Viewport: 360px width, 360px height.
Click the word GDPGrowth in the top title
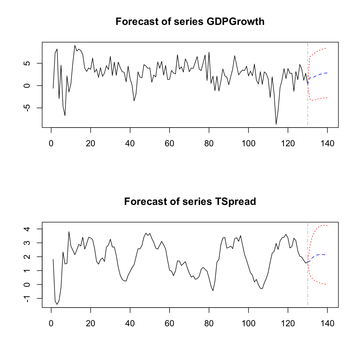[235, 22]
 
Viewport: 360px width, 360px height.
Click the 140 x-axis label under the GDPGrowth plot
[327, 144]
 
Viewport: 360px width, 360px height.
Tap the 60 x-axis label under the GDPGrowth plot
[170, 144]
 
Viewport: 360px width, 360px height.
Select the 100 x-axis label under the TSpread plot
[248, 324]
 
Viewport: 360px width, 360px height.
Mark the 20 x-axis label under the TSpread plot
[91, 324]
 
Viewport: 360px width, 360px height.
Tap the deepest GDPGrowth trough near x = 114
[276, 124]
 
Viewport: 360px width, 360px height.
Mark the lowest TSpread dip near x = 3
[57, 304]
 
